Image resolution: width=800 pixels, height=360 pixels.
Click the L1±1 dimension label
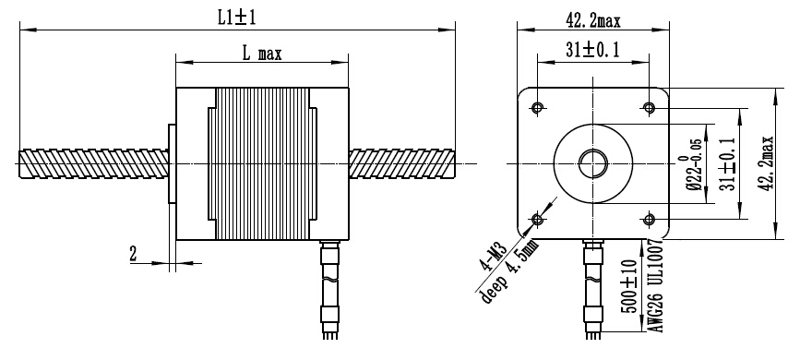[237, 18]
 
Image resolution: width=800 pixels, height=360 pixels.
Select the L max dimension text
[261, 54]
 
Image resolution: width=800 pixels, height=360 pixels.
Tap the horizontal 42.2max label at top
[593, 21]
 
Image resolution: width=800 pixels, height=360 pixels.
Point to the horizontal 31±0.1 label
[592, 50]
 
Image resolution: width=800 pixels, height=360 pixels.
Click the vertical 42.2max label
[766, 163]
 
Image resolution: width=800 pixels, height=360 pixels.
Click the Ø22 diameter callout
[693, 163]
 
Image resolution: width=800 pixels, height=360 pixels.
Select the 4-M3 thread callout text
[494, 257]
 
